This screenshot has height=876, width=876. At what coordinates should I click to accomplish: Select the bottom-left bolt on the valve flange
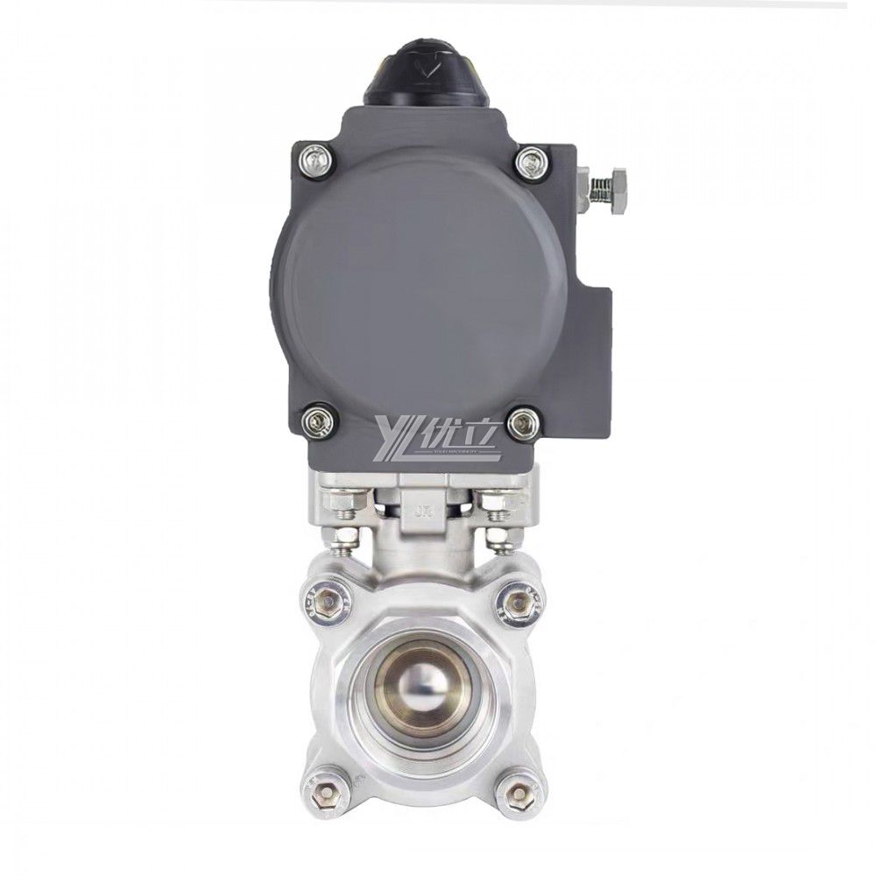tap(328, 794)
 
